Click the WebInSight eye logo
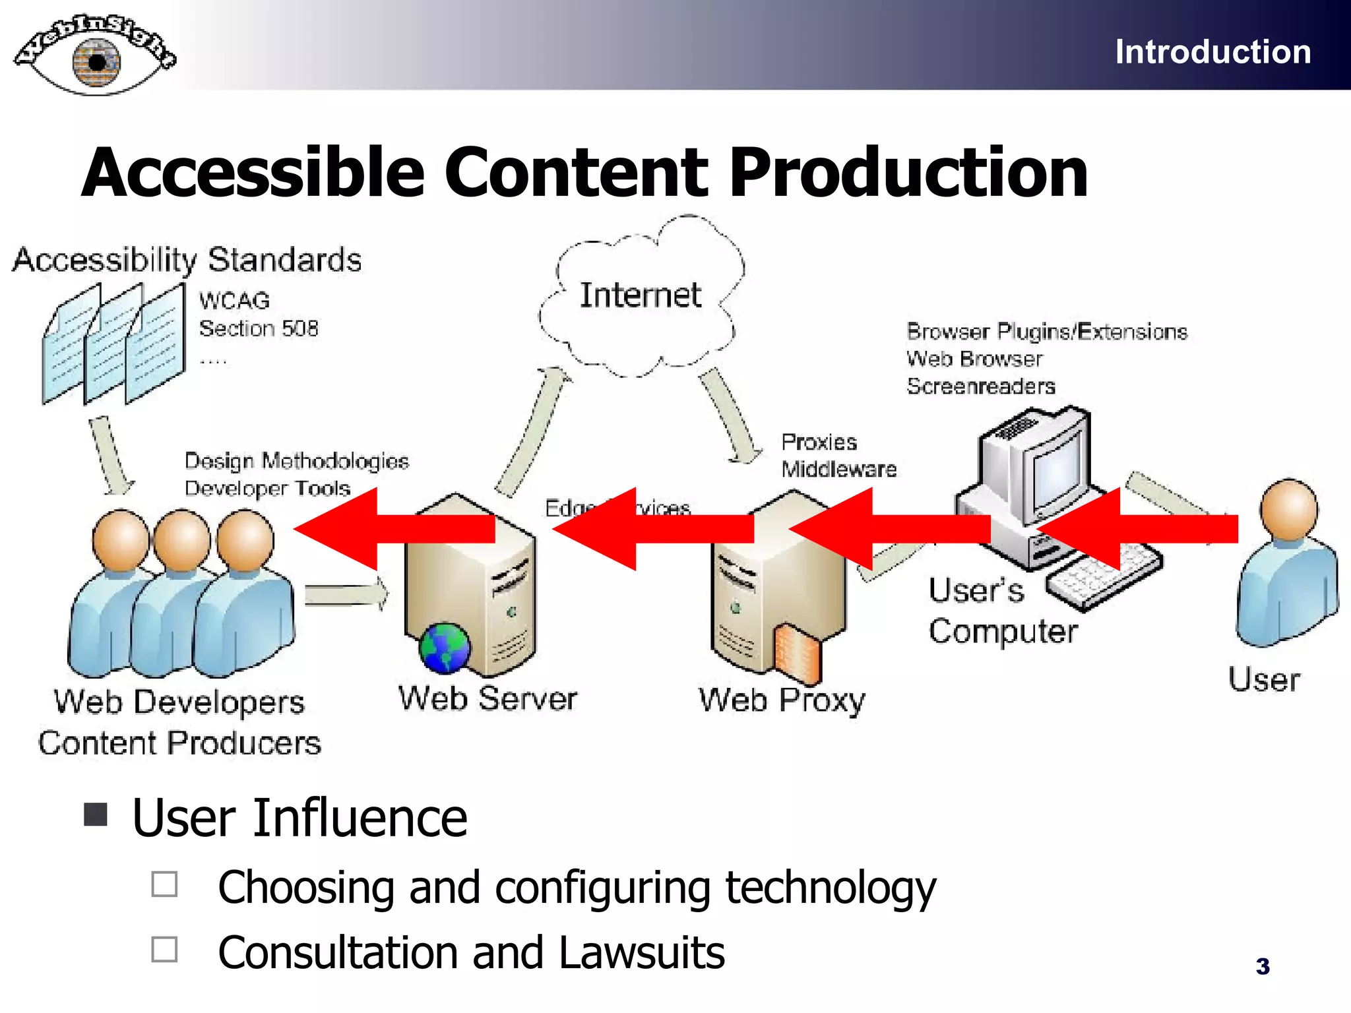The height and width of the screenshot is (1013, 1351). click(x=96, y=56)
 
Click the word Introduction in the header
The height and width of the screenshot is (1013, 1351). click(x=1212, y=51)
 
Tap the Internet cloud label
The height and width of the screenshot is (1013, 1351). click(x=640, y=295)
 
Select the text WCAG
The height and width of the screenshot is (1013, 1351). click(x=234, y=301)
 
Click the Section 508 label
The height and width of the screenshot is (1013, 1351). click(x=259, y=328)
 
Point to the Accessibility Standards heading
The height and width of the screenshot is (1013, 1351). click(x=187, y=259)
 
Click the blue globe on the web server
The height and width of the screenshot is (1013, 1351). click(x=445, y=648)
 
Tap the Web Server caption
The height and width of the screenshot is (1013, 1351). click(x=487, y=698)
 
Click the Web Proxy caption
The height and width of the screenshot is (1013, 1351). click(x=782, y=700)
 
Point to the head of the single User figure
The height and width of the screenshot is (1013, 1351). click(x=1288, y=509)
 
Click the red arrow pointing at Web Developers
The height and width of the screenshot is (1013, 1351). click(x=394, y=529)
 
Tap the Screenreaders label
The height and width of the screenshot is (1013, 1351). click(x=981, y=386)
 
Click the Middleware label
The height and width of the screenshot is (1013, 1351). click(x=839, y=469)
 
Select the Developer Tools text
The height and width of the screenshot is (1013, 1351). click(x=267, y=489)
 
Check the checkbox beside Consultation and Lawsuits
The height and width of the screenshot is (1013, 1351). click(x=164, y=950)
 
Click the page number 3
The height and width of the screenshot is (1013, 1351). click(x=1263, y=966)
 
